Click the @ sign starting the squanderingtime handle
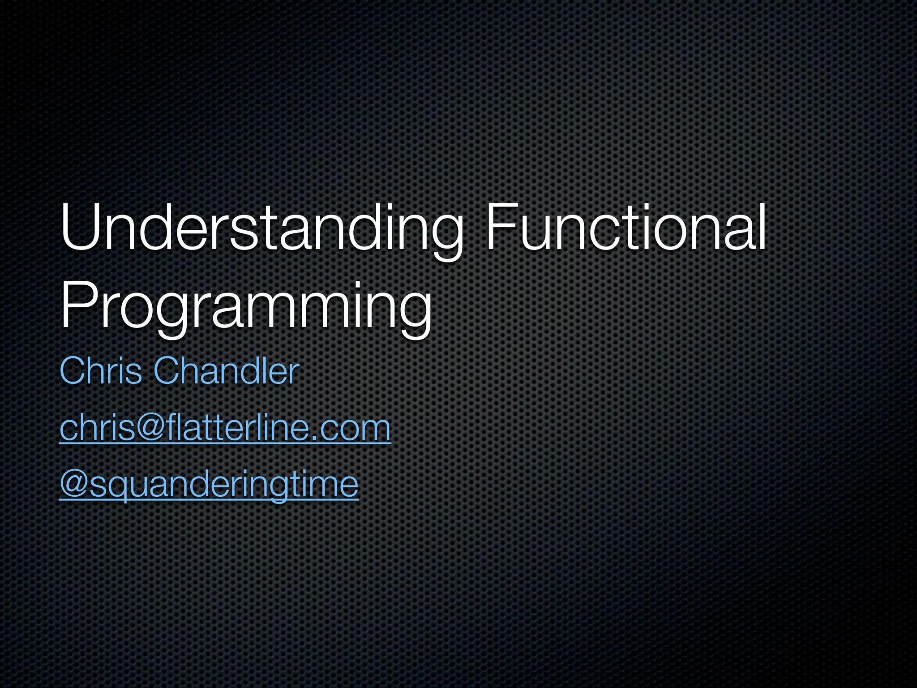74,485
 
